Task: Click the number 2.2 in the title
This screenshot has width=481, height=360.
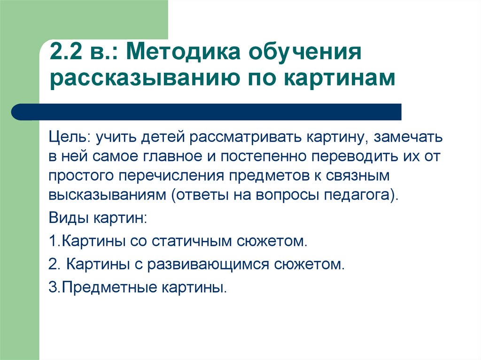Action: (66, 51)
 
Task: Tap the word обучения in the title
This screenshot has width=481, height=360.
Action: (305, 53)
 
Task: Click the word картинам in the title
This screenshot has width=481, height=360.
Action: (340, 79)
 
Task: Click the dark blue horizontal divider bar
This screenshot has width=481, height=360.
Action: (206, 112)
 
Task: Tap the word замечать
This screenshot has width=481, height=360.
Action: (408, 137)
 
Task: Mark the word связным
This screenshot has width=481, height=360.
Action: (357, 176)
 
